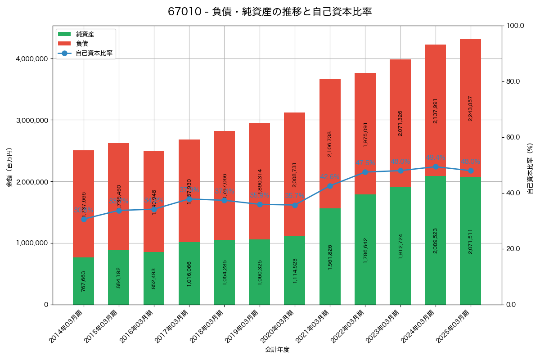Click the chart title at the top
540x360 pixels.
coord(270,12)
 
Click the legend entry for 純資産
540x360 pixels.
coord(85,34)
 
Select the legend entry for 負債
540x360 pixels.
coord(82,43)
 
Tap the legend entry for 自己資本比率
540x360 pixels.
coord(94,53)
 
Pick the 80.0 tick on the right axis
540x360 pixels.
coord(513,81)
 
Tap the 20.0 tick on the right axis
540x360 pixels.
coord(513,249)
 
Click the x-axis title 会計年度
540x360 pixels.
coord(277,349)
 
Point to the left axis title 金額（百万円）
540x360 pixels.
coord(9,167)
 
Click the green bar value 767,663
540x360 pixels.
coord(84,281)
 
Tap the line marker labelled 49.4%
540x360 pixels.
coord(436,166)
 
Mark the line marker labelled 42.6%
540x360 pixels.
coord(330,186)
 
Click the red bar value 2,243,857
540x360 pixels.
coord(470,108)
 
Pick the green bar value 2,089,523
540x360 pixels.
coord(436,240)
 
